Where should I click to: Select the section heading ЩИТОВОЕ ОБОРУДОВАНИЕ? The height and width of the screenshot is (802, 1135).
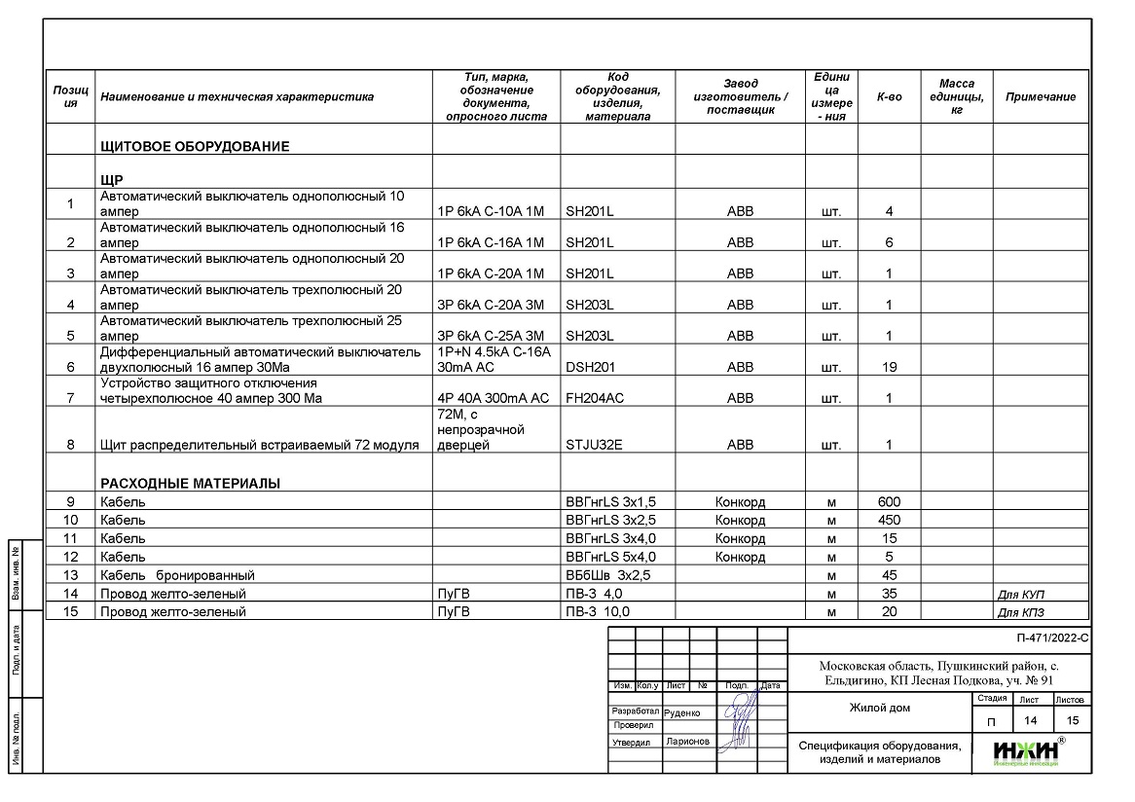click(x=195, y=147)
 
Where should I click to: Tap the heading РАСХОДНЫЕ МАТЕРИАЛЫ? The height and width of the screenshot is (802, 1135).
click(x=191, y=483)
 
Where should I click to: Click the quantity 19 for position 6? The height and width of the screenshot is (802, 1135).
click(x=889, y=368)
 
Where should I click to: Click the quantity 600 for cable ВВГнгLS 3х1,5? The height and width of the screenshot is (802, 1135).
click(x=889, y=502)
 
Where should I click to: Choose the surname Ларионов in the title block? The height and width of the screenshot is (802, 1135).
click(x=688, y=742)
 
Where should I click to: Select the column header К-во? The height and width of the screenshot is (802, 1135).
click(x=889, y=97)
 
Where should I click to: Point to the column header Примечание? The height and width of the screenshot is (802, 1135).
click(x=1040, y=97)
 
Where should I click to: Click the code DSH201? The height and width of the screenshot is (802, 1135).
click(x=590, y=368)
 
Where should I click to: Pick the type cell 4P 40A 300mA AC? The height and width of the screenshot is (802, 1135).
click(x=494, y=399)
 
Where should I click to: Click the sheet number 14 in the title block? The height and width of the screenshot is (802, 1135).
click(x=1029, y=721)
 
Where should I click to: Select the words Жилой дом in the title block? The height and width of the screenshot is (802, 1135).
click(x=879, y=708)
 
